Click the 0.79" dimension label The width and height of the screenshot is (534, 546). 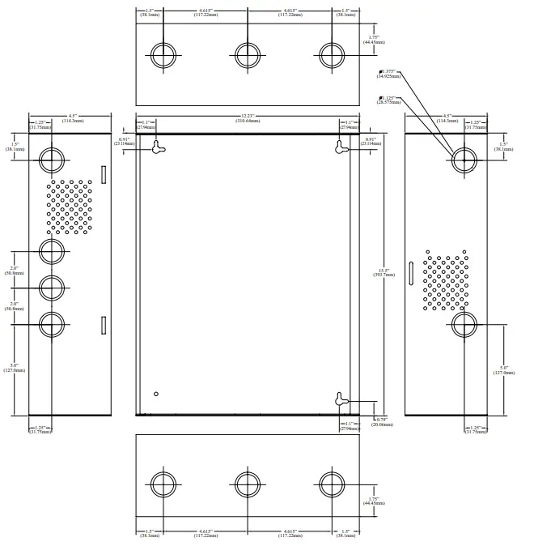pos(380,420)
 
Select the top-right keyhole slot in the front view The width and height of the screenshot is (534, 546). pos(341,147)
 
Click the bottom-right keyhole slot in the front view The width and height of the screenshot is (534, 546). pos(341,399)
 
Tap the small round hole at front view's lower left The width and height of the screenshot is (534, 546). pos(156,394)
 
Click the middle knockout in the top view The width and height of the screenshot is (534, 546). pos(248,54)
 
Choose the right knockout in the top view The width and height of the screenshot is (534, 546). pos(331,54)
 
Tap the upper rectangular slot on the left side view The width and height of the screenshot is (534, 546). pos(103,174)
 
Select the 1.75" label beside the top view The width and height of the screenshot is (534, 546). pos(373,39)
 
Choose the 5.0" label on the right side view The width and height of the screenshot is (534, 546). pos(504,371)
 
